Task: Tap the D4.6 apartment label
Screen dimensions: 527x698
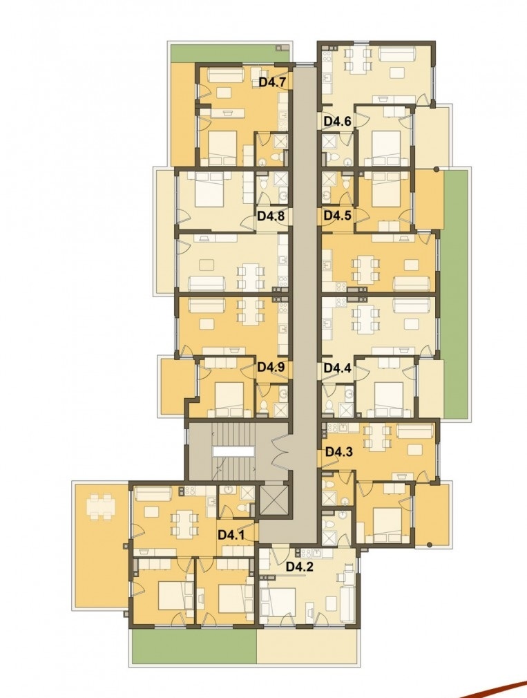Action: tap(338, 121)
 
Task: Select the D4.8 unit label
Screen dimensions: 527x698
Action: tap(271, 216)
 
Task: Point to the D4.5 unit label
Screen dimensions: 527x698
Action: tap(338, 216)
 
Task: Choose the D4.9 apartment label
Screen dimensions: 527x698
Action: tap(271, 368)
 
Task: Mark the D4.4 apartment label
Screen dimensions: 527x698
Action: tap(338, 368)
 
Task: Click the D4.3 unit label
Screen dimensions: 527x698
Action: tap(339, 452)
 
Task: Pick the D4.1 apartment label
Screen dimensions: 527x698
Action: tap(231, 535)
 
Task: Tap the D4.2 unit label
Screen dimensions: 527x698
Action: tap(299, 567)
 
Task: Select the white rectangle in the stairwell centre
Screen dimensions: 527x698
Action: tap(233, 451)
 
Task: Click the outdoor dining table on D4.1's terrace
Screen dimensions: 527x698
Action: tap(101, 508)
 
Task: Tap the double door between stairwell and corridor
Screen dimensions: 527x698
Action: tap(280, 451)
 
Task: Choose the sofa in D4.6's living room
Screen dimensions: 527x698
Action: tap(396, 54)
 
